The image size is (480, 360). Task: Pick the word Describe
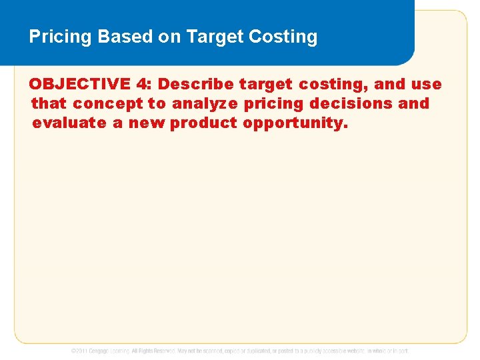[x=196, y=84]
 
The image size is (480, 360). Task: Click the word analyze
[x=203, y=104]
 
